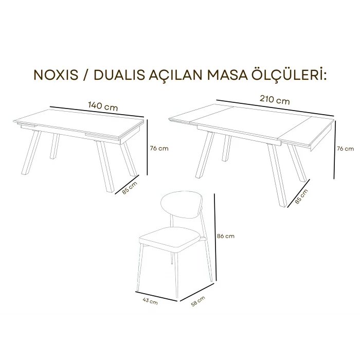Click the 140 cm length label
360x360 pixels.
click(x=103, y=106)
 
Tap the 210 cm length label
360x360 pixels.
click(x=275, y=100)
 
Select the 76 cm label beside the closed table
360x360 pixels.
click(x=158, y=149)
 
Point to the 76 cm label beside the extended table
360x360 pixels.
click(x=345, y=149)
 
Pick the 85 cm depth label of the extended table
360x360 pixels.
click(x=302, y=196)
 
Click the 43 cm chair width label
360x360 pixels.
click(x=151, y=301)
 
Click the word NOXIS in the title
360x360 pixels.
click(x=55, y=76)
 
